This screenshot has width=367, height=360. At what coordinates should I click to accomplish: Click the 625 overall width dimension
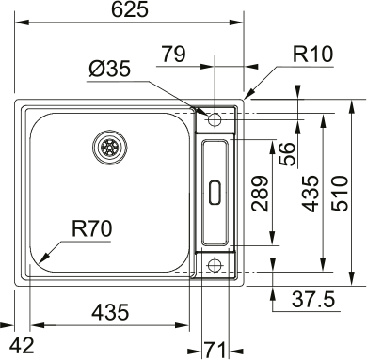tap(130, 10)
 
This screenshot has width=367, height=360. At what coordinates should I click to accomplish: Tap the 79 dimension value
tap(173, 54)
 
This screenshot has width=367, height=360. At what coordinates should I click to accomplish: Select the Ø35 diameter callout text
tap(109, 69)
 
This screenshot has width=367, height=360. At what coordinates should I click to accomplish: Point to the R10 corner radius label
tap(312, 54)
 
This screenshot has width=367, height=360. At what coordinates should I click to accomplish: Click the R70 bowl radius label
tap(91, 228)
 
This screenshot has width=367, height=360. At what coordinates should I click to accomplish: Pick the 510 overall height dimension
tap(340, 194)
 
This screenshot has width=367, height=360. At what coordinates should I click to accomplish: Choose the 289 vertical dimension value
tap(261, 194)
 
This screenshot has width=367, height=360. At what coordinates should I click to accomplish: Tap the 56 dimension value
tap(287, 154)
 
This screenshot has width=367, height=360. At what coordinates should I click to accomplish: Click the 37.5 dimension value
tap(313, 299)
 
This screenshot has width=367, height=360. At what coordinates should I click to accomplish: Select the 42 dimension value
tap(22, 346)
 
